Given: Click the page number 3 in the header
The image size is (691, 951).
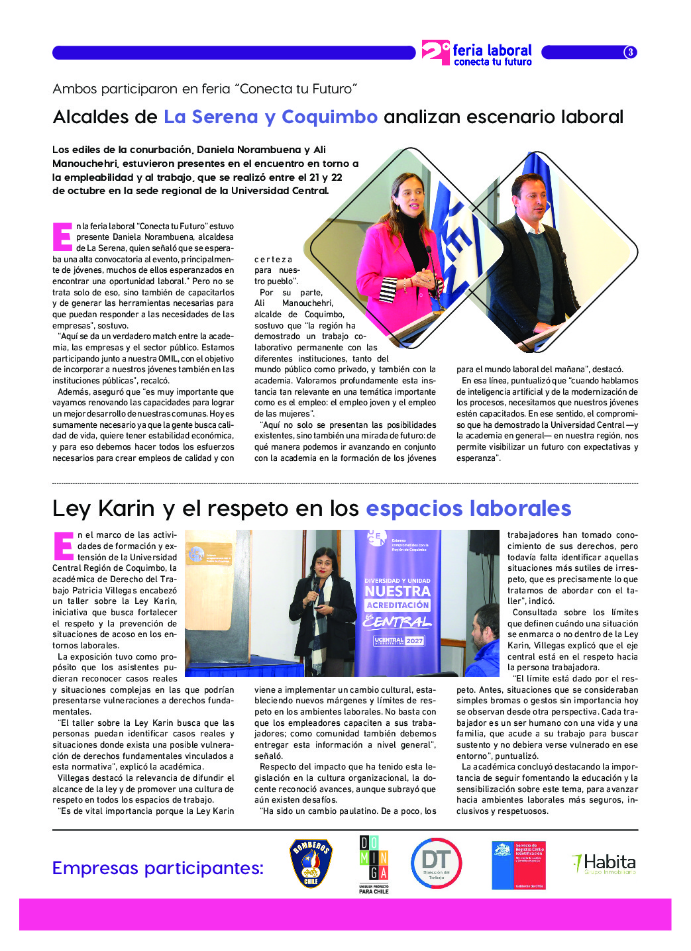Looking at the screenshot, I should pyautogui.click(x=630, y=52).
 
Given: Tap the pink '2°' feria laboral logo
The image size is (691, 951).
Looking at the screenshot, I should pyautogui.click(x=435, y=52).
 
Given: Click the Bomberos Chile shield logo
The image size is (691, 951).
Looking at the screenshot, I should pyautogui.click(x=311, y=863).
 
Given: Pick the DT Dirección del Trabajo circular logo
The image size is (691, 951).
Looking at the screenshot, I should pyautogui.click(x=436, y=863).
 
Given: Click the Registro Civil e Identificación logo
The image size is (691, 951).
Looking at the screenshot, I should pyautogui.click(x=518, y=865).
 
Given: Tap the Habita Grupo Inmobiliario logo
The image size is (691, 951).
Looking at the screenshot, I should pyautogui.click(x=604, y=863).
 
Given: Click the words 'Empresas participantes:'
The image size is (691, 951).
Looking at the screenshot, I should pyautogui.click(x=158, y=868).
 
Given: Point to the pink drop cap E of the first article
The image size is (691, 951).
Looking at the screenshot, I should pyautogui.click(x=62, y=236).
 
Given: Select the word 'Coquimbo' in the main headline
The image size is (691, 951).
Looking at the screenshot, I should pyautogui.click(x=329, y=117).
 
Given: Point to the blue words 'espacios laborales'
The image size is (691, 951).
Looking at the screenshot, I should pyautogui.click(x=468, y=509).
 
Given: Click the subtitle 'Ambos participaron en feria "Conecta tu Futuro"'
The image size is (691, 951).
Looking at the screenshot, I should pyautogui.click(x=205, y=89).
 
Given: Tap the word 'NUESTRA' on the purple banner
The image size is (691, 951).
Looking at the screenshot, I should pyautogui.click(x=397, y=591).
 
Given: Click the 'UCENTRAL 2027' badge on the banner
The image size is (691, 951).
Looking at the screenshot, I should pyautogui.click(x=398, y=640).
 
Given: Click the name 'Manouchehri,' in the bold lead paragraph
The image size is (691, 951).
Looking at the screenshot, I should pyautogui.click(x=86, y=164).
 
